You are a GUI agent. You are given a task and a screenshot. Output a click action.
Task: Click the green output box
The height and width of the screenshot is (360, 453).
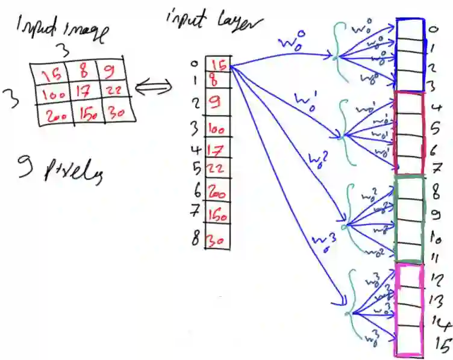[410, 217]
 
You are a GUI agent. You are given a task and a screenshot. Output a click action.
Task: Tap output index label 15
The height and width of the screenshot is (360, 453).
[442, 346]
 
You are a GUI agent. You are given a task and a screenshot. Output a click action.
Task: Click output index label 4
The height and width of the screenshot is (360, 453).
[439, 109]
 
